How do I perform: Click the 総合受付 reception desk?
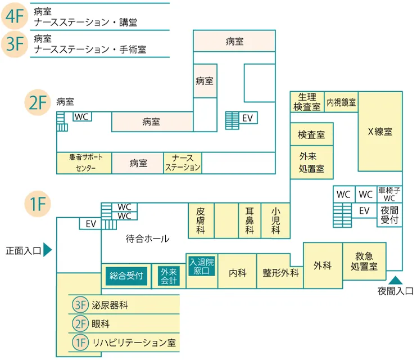pos(126,276)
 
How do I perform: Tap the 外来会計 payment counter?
pos(169,276)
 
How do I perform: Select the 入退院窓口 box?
pos(201,266)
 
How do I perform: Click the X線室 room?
pos(380,131)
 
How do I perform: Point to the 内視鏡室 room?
pos(341,102)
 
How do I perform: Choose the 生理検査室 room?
pos(307,102)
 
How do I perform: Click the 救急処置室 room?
pos(364,261)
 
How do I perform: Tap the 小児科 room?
pos(275,220)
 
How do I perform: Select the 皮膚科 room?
pos(201,220)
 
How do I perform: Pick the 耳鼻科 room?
pos(250,220)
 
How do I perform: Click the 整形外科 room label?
pos(280,273)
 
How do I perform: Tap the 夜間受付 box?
pos(389,215)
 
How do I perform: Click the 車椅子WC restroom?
pos(389,194)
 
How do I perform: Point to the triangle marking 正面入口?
pos(47,250)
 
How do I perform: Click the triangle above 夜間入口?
pos(396,280)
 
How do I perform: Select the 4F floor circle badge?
pos(15,16)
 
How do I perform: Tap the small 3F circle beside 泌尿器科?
pos(80,305)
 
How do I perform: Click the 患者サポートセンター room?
pos(84,163)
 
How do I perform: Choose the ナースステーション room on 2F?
pos(183,163)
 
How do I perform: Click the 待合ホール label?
pos(148,238)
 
